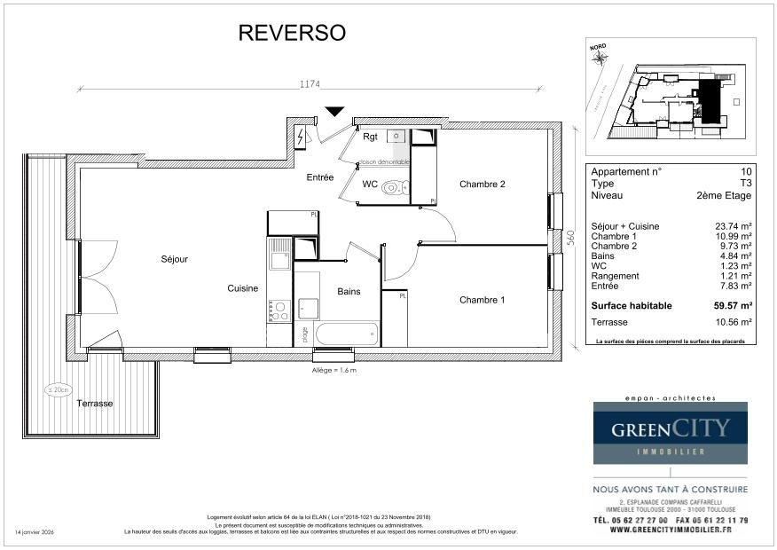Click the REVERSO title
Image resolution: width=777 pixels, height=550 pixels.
click(x=292, y=34)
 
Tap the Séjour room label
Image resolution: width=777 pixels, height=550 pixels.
click(x=175, y=259)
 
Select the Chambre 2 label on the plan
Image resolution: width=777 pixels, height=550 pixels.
click(x=482, y=185)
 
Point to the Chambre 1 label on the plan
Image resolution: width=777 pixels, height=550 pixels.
click(x=482, y=300)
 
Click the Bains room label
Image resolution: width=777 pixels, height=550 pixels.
click(x=349, y=291)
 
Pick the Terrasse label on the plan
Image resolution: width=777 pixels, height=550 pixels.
click(x=94, y=403)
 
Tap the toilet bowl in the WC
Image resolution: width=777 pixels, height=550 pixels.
click(x=399, y=187)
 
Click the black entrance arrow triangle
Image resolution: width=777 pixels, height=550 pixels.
click(x=334, y=111)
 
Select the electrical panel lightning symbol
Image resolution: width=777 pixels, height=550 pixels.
click(x=301, y=137)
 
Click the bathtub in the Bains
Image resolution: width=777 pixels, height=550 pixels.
click(x=347, y=334)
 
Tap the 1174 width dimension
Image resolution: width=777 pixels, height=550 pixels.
click(x=310, y=84)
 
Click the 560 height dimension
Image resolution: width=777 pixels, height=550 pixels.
click(x=572, y=237)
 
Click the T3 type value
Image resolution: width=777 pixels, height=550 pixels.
click(x=744, y=183)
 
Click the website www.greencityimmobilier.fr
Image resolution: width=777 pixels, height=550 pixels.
click(x=670, y=530)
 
